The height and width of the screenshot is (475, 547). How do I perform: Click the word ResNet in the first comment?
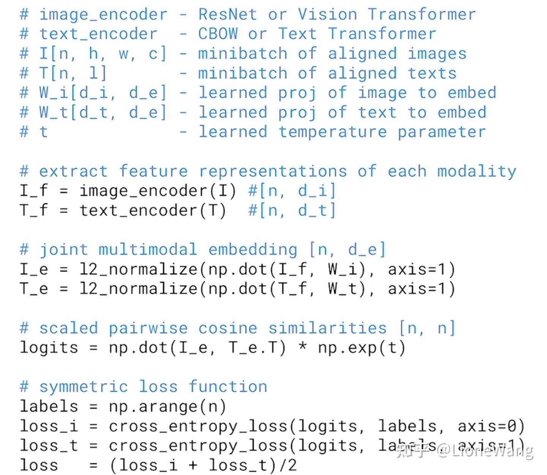[x=227, y=14]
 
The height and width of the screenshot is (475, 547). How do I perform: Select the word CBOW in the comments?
[x=218, y=34]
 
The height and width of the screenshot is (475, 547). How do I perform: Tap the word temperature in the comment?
[x=333, y=132]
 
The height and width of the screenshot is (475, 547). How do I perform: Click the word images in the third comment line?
[x=437, y=54]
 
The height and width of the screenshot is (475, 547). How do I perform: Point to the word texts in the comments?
[x=432, y=73]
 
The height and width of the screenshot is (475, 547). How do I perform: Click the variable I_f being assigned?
[x=34, y=191]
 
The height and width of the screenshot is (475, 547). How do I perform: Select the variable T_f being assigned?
[x=34, y=210]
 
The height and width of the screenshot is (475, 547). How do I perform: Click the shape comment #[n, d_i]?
[x=292, y=191]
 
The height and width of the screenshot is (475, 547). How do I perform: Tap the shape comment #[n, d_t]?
[x=292, y=210]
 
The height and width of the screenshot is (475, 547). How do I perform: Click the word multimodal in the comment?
[x=148, y=249]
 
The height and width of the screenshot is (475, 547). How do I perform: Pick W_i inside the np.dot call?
[x=343, y=269]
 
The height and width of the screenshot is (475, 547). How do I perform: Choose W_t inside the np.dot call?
[x=343, y=289]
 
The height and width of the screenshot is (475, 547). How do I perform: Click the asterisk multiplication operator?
[x=302, y=347]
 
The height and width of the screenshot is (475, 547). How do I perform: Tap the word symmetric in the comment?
[x=84, y=387]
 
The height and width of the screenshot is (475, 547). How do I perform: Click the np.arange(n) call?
[x=167, y=407]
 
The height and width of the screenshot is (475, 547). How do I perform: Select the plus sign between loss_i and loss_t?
[x=193, y=465]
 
